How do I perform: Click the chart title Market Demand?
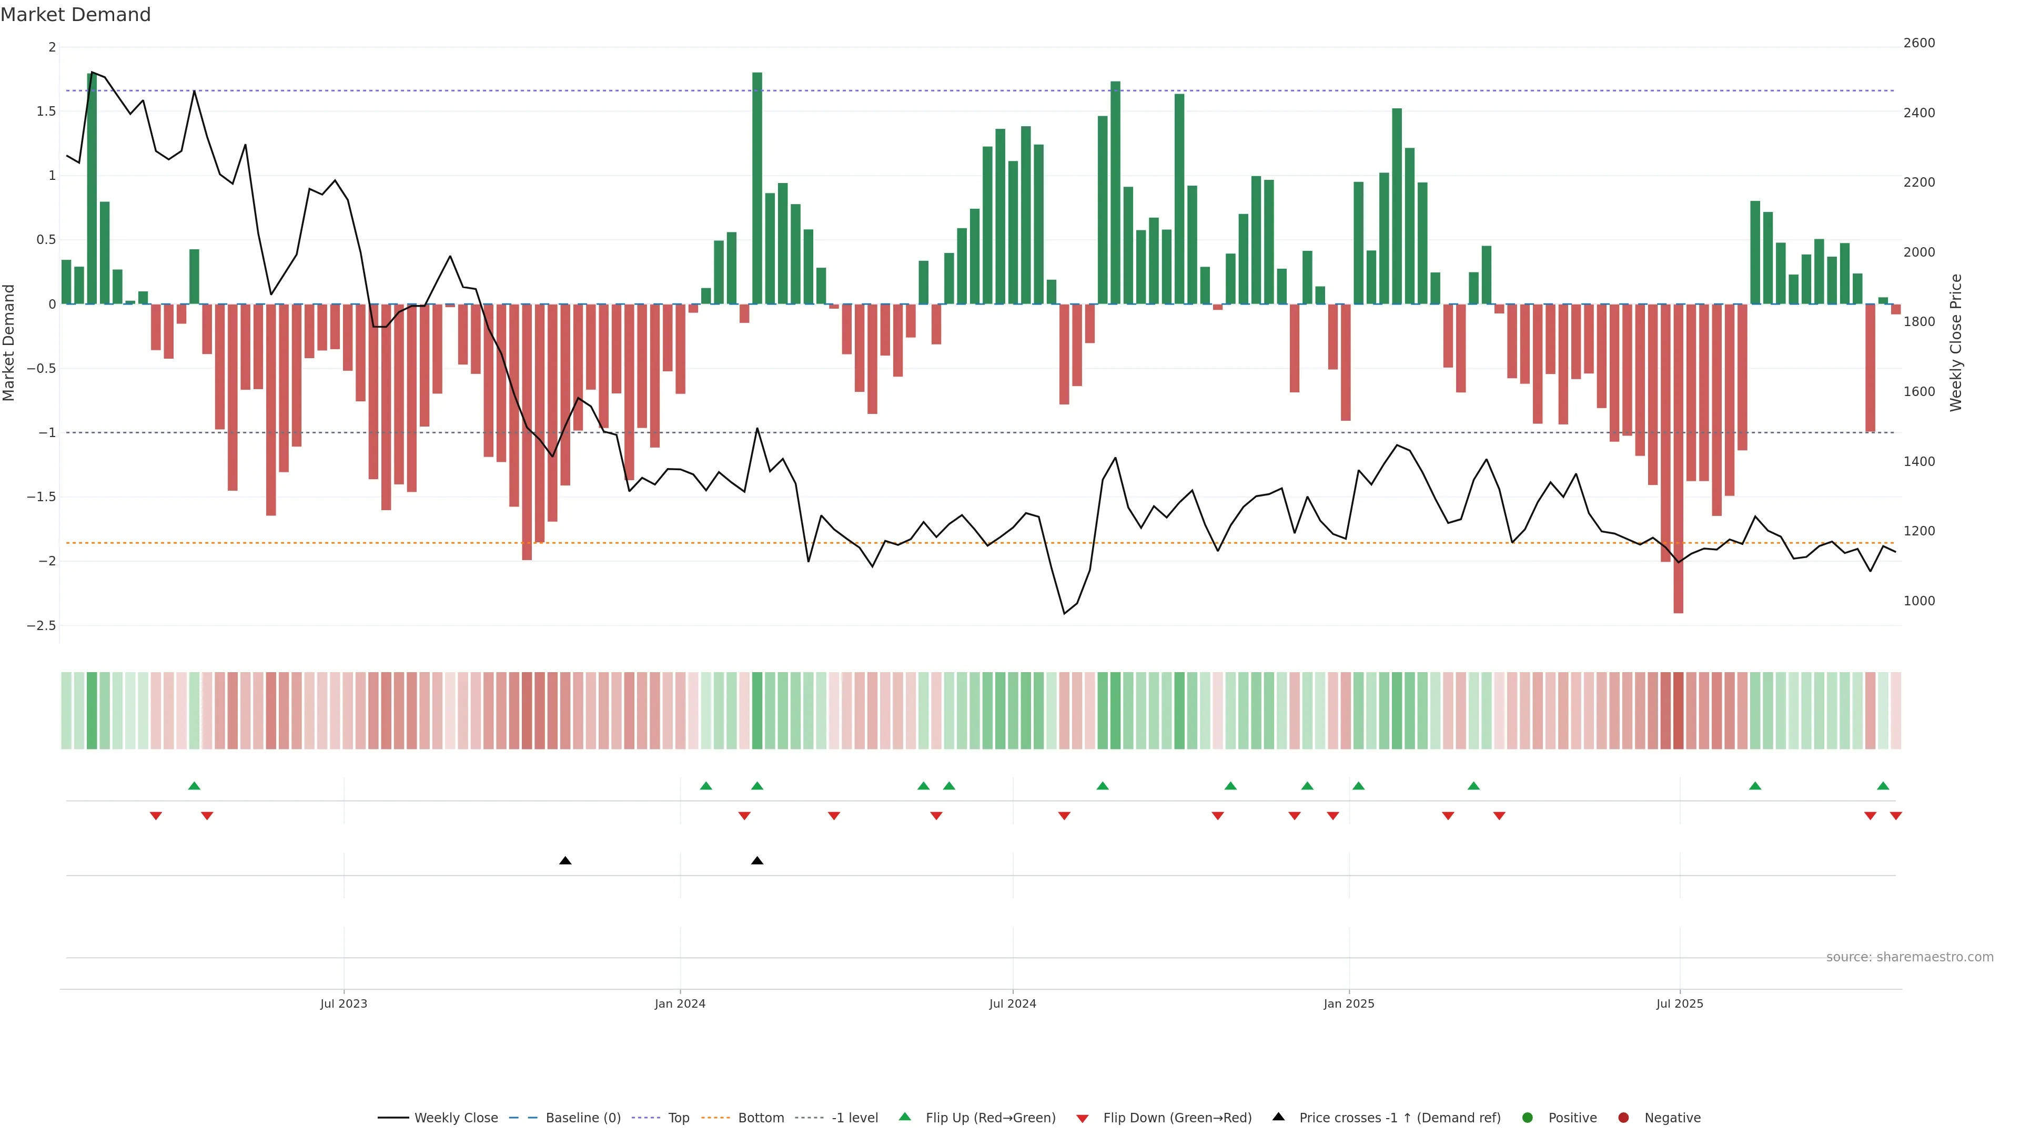75,15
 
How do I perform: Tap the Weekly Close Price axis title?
1956,342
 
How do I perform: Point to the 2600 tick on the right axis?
1919,43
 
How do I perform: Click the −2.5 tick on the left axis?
42,626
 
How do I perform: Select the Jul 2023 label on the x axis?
344,1003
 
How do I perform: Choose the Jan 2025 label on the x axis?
1349,1003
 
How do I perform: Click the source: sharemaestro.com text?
1910,957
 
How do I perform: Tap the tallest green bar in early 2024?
757,188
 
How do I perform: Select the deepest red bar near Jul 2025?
1678,459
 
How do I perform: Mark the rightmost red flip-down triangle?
1895,816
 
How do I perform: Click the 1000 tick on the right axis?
1919,601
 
